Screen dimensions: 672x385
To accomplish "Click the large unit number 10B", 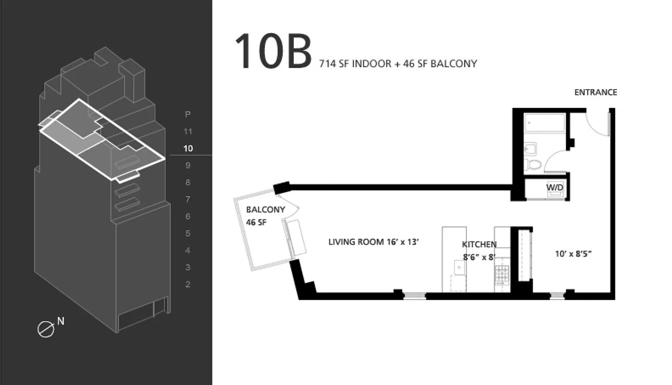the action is [273, 51].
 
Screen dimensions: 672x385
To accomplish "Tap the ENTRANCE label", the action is [596, 92].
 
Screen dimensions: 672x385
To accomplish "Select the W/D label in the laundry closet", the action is [555, 188].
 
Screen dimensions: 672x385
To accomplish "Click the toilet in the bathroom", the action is [534, 165].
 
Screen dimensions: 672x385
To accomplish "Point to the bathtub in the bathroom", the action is [545, 123].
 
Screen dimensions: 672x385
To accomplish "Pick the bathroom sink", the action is [530, 149].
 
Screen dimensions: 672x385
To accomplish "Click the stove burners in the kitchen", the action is [502, 275].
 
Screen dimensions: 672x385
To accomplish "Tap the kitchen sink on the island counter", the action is [459, 268].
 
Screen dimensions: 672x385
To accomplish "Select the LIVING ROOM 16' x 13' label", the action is [373, 242].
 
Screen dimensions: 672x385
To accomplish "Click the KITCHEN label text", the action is [479, 244].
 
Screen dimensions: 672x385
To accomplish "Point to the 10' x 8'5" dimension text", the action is [573, 254].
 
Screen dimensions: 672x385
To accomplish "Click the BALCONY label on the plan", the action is [266, 209].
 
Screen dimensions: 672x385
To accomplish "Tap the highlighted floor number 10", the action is [188, 149].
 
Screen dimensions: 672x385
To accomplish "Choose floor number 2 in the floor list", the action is [188, 284].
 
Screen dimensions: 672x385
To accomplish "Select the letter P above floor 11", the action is [188, 114].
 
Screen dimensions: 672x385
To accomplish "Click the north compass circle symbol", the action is [46, 329].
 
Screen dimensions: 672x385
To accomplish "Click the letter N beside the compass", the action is [61, 321].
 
